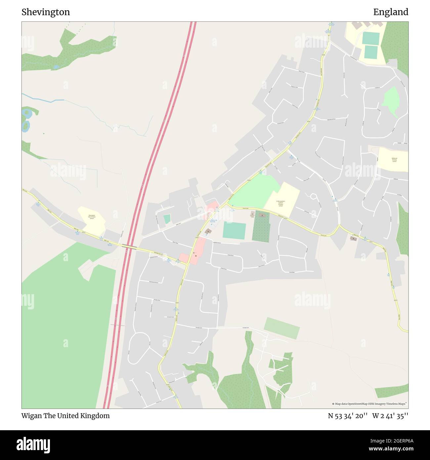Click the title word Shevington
click(x=46, y=12)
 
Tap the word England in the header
click(x=391, y=12)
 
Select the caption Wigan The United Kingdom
click(x=65, y=416)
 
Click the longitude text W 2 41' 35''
click(x=390, y=416)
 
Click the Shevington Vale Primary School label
click(x=92, y=217)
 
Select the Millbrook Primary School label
click(x=394, y=160)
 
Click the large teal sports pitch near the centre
click(x=234, y=230)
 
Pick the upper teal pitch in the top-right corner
click(x=370, y=38)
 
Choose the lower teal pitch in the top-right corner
click(x=371, y=52)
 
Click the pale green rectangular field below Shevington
click(x=282, y=328)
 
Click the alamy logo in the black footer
click(x=33, y=444)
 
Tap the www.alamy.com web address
click(x=391, y=449)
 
